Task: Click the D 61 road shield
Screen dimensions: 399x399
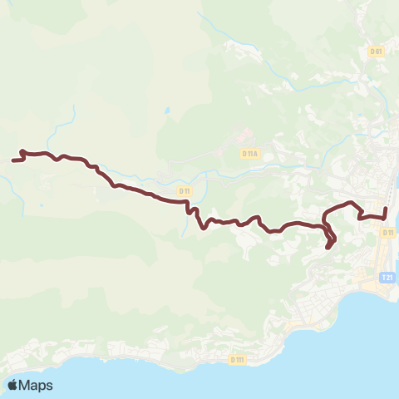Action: coord(377,51)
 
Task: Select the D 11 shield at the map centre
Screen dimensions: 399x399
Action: coord(184,191)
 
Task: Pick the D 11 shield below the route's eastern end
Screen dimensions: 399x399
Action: coord(387,233)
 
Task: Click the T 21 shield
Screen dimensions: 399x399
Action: coord(387,278)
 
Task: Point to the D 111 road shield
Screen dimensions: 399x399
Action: coord(238,360)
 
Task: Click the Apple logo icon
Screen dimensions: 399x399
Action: coord(13,385)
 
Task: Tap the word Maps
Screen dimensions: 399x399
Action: coord(37,385)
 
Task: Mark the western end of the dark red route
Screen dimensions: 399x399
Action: coord(13,160)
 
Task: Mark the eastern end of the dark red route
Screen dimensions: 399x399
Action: coord(387,206)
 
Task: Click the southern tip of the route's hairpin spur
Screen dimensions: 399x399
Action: coord(329,247)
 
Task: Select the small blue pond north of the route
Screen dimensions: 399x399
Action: coord(166,110)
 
